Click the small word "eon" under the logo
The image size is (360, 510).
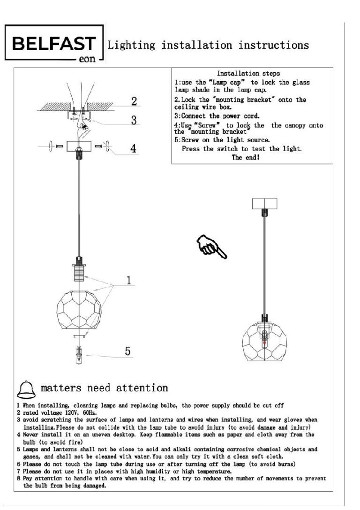click(87, 60)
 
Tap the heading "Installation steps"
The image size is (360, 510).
click(248, 74)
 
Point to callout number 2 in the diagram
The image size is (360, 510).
click(134, 101)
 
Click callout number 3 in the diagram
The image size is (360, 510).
click(134, 121)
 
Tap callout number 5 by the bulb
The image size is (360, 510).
click(127, 352)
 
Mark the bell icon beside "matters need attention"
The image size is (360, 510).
click(27, 389)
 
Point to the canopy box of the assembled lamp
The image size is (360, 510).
click(265, 204)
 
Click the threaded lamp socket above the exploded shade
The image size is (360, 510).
click(78, 273)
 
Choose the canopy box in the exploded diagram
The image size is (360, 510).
click(78, 146)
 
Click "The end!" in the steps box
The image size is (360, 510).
click(246, 158)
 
